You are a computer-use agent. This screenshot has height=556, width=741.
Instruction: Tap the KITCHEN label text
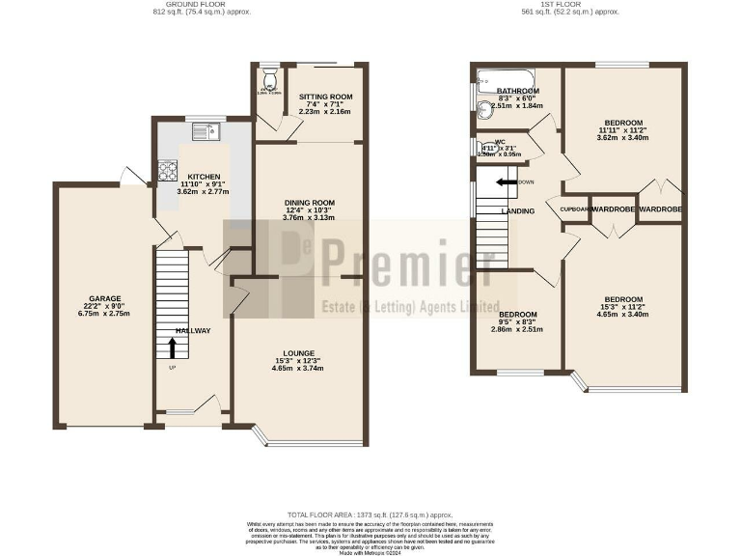pos(204,177)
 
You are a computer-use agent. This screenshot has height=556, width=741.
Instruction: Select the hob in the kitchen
pos(167,171)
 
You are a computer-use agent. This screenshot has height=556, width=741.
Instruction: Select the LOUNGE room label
pos(298,352)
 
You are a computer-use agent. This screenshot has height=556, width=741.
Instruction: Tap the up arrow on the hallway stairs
pos(174,347)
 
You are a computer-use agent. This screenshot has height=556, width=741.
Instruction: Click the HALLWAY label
pos(193,330)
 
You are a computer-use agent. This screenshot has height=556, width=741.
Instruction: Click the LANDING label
pos(517,210)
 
